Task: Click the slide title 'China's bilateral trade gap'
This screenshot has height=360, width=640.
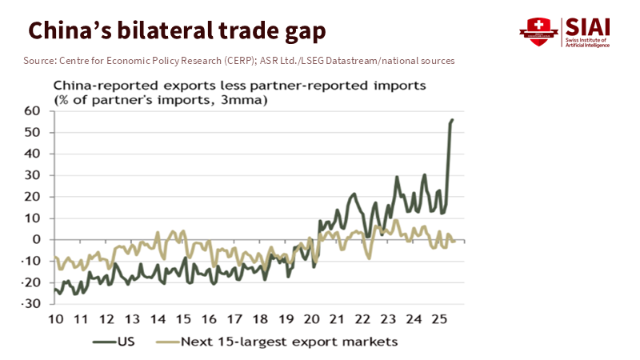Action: click(177, 31)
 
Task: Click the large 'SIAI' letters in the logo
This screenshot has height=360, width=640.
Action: click(587, 26)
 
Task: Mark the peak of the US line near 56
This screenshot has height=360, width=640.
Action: click(452, 120)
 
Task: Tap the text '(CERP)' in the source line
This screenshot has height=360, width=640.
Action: click(244, 61)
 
